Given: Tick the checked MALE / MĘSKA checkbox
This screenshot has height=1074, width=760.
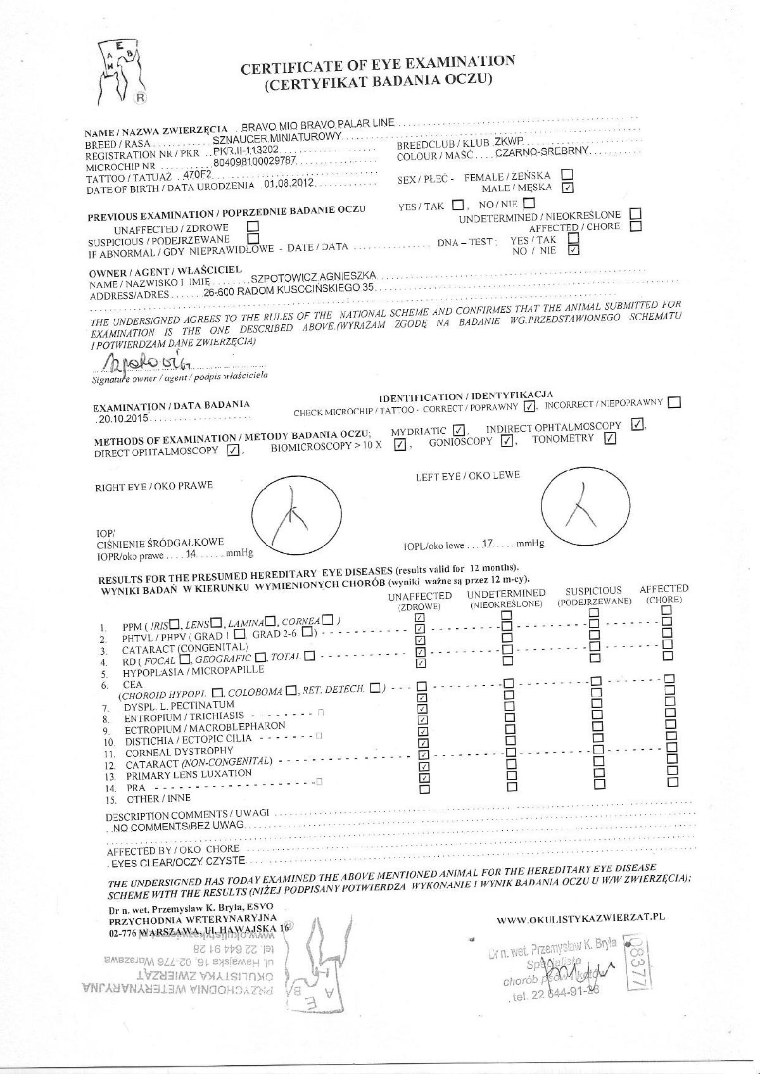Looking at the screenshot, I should [567, 187].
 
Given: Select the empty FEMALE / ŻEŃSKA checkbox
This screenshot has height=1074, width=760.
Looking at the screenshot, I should [567, 174].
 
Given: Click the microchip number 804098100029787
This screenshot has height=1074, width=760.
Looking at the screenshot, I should [255, 162].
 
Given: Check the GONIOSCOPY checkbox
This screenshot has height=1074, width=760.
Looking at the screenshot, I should [506, 441].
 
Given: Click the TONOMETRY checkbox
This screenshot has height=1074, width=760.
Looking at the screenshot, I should [610, 438].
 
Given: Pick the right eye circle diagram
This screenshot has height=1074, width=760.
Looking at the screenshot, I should [296, 514].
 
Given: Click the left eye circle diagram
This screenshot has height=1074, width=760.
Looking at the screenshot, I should [586, 506].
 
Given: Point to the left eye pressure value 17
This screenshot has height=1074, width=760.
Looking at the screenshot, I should [488, 543].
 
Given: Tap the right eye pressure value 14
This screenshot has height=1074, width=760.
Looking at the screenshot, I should [191, 553].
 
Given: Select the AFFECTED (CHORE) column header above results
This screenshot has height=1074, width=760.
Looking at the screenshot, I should [664, 593].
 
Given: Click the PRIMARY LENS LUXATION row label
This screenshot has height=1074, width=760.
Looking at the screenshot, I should [189, 774].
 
